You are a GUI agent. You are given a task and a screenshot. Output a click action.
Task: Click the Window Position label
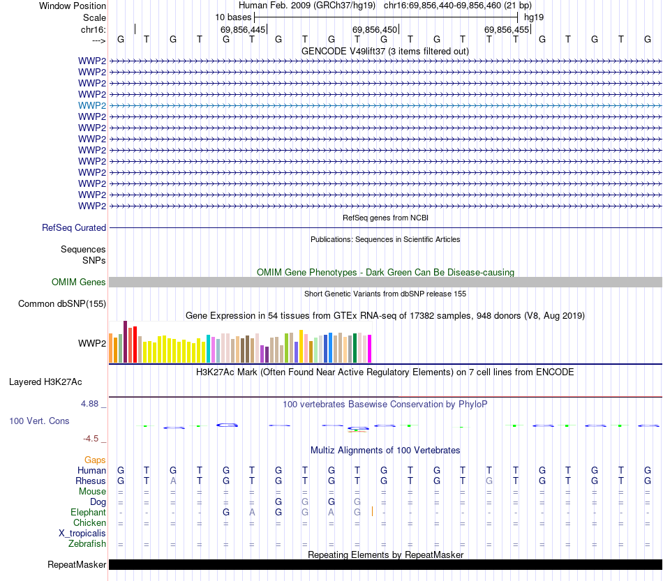[x=73, y=6]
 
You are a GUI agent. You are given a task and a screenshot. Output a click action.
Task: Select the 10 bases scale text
[x=233, y=17]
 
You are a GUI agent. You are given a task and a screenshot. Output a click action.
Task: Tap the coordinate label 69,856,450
[x=375, y=30]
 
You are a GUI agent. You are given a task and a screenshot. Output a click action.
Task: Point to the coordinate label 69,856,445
[x=243, y=30]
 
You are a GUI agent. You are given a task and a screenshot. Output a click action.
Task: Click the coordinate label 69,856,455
[x=507, y=30]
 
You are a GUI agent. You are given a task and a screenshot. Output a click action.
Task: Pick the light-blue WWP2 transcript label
[x=92, y=105]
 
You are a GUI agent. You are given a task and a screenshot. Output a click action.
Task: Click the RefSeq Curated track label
[x=74, y=227]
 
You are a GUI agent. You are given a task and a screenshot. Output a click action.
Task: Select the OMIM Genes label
[x=79, y=282]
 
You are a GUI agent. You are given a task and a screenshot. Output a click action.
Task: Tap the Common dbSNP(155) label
[x=62, y=303]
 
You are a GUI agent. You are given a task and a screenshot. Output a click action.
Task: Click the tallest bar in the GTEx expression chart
[x=125, y=342]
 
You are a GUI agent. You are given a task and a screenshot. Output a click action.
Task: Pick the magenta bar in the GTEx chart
[x=369, y=348]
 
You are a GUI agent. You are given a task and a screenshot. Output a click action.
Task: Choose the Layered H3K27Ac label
[x=45, y=382]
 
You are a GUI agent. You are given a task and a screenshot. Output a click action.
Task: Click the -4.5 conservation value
[x=91, y=438]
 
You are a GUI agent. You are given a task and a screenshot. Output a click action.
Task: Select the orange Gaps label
[x=95, y=460]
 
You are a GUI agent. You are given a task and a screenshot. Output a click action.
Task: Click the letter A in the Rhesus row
[x=173, y=481]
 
